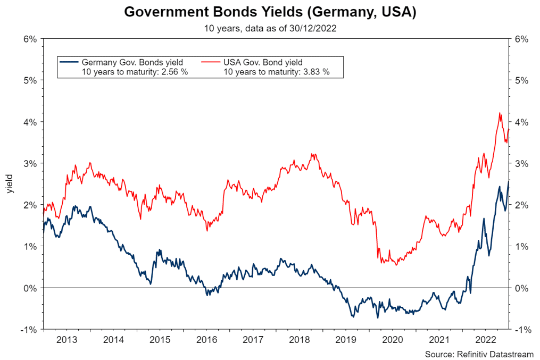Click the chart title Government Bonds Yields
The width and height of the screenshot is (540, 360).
tap(270, 12)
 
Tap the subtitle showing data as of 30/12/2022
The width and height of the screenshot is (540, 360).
tap(270, 29)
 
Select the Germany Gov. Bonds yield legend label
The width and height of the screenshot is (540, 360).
tap(132, 62)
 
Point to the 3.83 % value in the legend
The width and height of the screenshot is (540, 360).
tap(314, 72)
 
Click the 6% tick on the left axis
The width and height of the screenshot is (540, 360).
tap(30, 39)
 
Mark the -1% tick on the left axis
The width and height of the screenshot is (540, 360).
tap(29, 330)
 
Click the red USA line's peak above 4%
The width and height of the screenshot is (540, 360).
tap(500, 113)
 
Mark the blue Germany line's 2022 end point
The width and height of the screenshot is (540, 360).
tap(509, 181)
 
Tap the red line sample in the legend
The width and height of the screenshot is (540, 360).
tap(210, 62)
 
